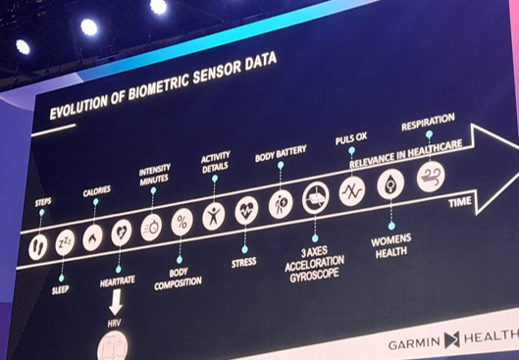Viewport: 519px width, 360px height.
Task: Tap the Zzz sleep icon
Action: [x=65, y=242]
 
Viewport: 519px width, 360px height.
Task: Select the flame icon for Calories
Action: [x=92, y=238]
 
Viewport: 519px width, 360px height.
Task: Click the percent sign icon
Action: [x=182, y=222]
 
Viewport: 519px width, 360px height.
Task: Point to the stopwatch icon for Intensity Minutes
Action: [x=151, y=228]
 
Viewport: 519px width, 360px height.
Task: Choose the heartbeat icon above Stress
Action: [x=246, y=211]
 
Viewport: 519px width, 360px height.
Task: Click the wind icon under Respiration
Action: [x=431, y=177]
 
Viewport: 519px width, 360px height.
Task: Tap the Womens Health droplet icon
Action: [x=390, y=184]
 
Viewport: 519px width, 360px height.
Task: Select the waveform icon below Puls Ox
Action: [x=352, y=191]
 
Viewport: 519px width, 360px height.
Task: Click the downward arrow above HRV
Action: [x=116, y=302]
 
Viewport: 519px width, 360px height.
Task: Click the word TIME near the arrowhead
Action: [x=460, y=202]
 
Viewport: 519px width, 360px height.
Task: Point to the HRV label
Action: [x=115, y=323]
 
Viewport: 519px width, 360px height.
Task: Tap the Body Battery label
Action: [x=281, y=154]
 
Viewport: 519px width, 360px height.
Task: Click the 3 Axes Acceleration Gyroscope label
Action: [x=314, y=265]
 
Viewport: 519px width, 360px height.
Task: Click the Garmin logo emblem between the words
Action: [x=452, y=340]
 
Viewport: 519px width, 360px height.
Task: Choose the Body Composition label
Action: [x=179, y=280]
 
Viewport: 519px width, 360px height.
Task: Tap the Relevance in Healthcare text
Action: [x=406, y=154]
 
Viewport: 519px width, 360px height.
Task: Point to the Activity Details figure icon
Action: [x=214, y=217]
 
